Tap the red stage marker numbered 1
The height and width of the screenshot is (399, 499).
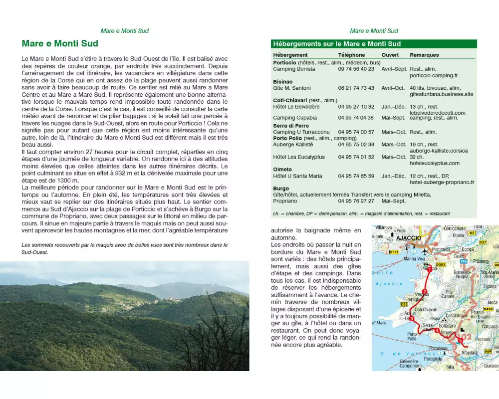pyautogui.click(x=429, y=269)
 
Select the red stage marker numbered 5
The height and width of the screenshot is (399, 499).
pyautogui.click(x=460, y=340)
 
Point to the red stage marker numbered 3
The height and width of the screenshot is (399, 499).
pyautogui.click(x=412, y=319)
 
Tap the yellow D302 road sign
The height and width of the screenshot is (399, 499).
pyautogui.click(x=440, y=264)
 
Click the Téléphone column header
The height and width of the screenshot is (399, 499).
pyautogui.click(x=351, y=55)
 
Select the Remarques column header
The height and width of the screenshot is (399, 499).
pyautogui.click(x=424, y=55)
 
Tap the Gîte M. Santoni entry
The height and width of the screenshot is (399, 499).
pyautogui.click(x=292, y=88)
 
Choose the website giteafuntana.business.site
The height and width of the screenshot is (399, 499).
pyautogui.click(x=441, y=94)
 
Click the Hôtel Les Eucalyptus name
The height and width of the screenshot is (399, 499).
pyautogui.click(x=299, y=157)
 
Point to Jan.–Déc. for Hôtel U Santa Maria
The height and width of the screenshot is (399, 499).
pyautogui.click(x=394, y=176)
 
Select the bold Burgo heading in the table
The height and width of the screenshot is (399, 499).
pyautogui.click(x=281, y=189)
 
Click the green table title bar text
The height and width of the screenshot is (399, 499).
pyautogui.click(x=337, y=44)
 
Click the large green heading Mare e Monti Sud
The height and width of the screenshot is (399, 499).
pyautogui.click(x=60, y=43)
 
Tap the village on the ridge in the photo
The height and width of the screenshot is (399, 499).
pyautogui.click(x=167, y=300)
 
